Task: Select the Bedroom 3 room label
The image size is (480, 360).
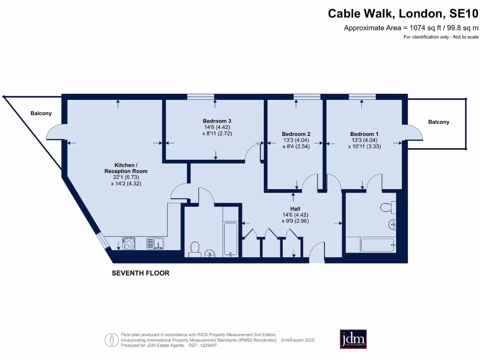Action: click(x=217, y=121)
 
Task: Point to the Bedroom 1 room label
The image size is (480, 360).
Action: click(x=364, y=134)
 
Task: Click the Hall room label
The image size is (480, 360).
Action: click(x=295, y=209)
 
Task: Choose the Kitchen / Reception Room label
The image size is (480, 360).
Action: click(x=126, y=168)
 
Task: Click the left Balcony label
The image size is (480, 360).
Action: click(x=41, y=113)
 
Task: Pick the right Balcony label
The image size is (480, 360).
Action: click(x=439, y=122)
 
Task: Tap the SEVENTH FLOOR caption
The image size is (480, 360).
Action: click(x=141, y=273)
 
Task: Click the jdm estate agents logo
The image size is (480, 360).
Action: click(x=353, y=339)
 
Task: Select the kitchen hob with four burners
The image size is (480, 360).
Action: click(x=129, y=243)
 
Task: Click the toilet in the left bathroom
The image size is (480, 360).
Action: click(x=195, y=248)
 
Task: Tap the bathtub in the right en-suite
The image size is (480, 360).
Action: click(x=377, y=244)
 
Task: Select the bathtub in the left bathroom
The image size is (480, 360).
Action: click(x=231, y=239)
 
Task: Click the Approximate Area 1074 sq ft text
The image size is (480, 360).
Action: click(x=411, y=28)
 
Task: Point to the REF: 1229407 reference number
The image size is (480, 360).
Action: click(x=202, y=345)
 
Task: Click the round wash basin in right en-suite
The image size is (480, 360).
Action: click(x=393, y=225)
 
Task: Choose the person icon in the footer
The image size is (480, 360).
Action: click(x=111, y=339)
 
